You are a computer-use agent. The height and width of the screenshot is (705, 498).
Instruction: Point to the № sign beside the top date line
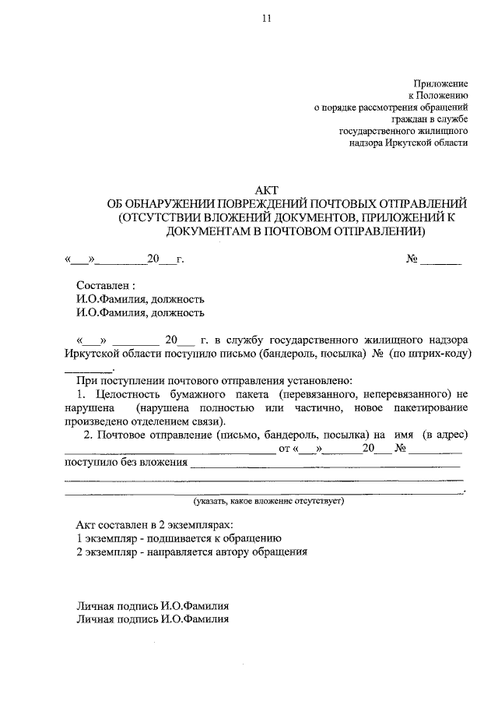click(412, 259)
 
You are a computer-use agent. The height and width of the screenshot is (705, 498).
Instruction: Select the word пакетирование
click(430, 408)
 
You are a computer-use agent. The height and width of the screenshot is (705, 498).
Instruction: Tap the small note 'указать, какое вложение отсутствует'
click(269, 502)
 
